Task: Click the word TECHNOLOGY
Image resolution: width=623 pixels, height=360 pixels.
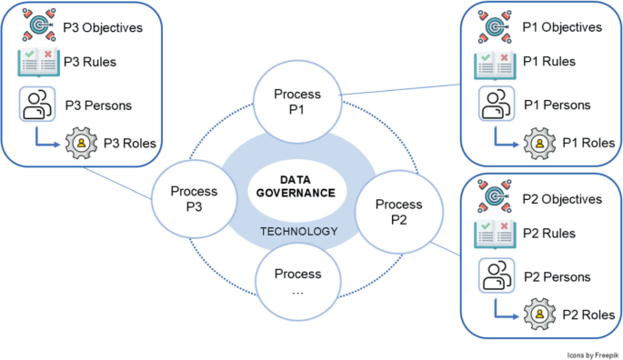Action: tap(299, 231)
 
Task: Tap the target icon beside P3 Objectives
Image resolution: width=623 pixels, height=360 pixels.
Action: tap(38, 25)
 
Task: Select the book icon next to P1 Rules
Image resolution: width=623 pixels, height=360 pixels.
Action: tap(495, 65)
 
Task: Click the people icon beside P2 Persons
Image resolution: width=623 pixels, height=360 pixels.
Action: tap(497, 275)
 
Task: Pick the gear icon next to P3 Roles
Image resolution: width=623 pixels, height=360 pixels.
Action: tap(81, 143)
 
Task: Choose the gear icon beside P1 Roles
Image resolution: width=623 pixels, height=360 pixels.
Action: tap(539, 143)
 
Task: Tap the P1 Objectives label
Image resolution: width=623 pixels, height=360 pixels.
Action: tap(562, 27)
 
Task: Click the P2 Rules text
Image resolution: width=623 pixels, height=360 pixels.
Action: tap(549, 234)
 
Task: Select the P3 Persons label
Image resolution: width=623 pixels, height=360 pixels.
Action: tap(98, 105)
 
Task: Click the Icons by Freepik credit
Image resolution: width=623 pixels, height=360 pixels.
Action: tap(592, 355)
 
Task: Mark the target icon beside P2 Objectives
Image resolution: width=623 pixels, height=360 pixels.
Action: tap(494, 195)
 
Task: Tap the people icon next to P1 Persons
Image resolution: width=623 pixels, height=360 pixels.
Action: tap(497, 104)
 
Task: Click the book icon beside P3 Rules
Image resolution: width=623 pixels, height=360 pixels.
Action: tap(38, 62)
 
